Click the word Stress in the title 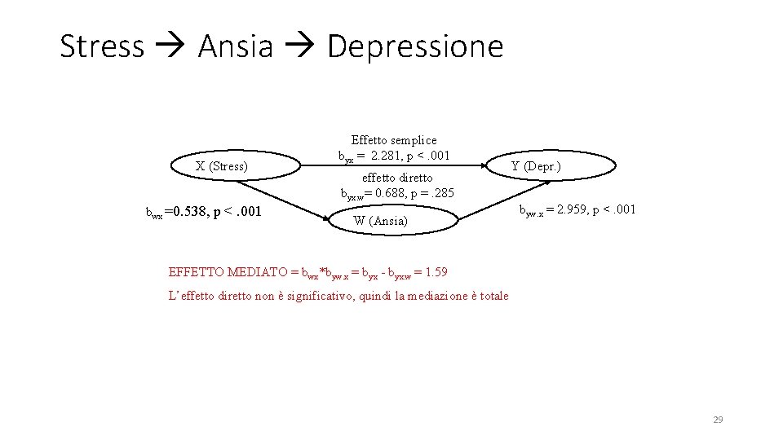[x=102, y=46]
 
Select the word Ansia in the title [x=236, y=46]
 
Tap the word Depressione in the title [x=415, y=46]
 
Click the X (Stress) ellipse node [x=221, y=167]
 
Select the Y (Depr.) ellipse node [x=535, y=167]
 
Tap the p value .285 [x=441, y=194]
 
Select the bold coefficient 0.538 [x=188, y=213]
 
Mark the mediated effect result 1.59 [x=436, y=271]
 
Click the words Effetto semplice [x=394, y=140]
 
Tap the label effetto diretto [x=397, y=177]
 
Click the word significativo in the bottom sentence [x=311, y=296]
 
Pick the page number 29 [x=718, y=420]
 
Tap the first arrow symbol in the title [x=170, y=47]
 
